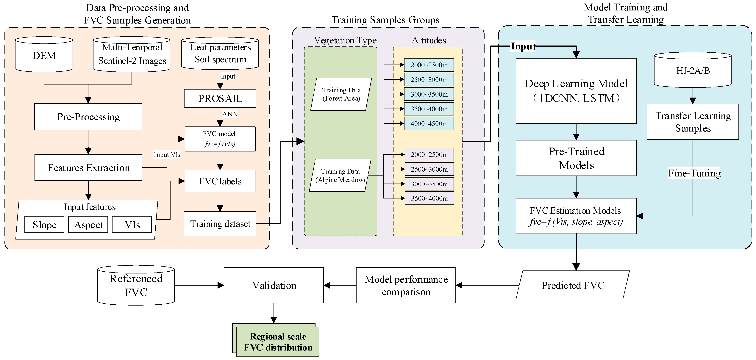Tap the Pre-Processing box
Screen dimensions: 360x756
pos(88,117)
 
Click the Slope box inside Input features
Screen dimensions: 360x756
pos(44,225)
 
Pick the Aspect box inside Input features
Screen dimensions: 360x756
pos(88,225)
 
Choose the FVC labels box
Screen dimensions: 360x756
pos(220,181)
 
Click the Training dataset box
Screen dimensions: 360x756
pos(220,224)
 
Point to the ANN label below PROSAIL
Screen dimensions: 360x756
pos(230,114)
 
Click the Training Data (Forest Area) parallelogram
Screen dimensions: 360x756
pos(341,94)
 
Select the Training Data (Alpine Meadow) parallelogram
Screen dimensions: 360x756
pos(340,176)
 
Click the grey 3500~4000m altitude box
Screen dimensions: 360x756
pos(429,198)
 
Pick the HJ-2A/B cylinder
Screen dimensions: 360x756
pos(693,71)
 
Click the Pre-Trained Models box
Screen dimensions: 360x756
pos(576,158)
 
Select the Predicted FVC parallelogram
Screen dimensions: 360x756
pos(573,285)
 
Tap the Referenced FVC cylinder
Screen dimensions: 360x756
pos(136,285)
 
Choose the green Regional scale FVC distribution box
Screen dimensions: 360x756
pos(278,342)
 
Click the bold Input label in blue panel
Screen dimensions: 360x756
pos(523,46)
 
